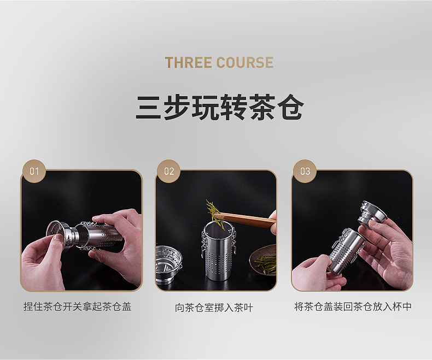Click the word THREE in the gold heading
189,62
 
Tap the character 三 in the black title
149,107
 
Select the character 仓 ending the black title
290,107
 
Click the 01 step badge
34,171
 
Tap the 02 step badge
169,171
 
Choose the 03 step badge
305,171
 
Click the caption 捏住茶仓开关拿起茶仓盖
78,306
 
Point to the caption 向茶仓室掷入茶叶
214,308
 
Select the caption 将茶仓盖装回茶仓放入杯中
353,306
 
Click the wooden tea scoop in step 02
245,219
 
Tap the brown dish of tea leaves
263,259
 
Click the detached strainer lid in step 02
168,263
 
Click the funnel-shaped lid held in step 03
372,213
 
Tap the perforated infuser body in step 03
347,252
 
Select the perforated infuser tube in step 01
100,235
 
